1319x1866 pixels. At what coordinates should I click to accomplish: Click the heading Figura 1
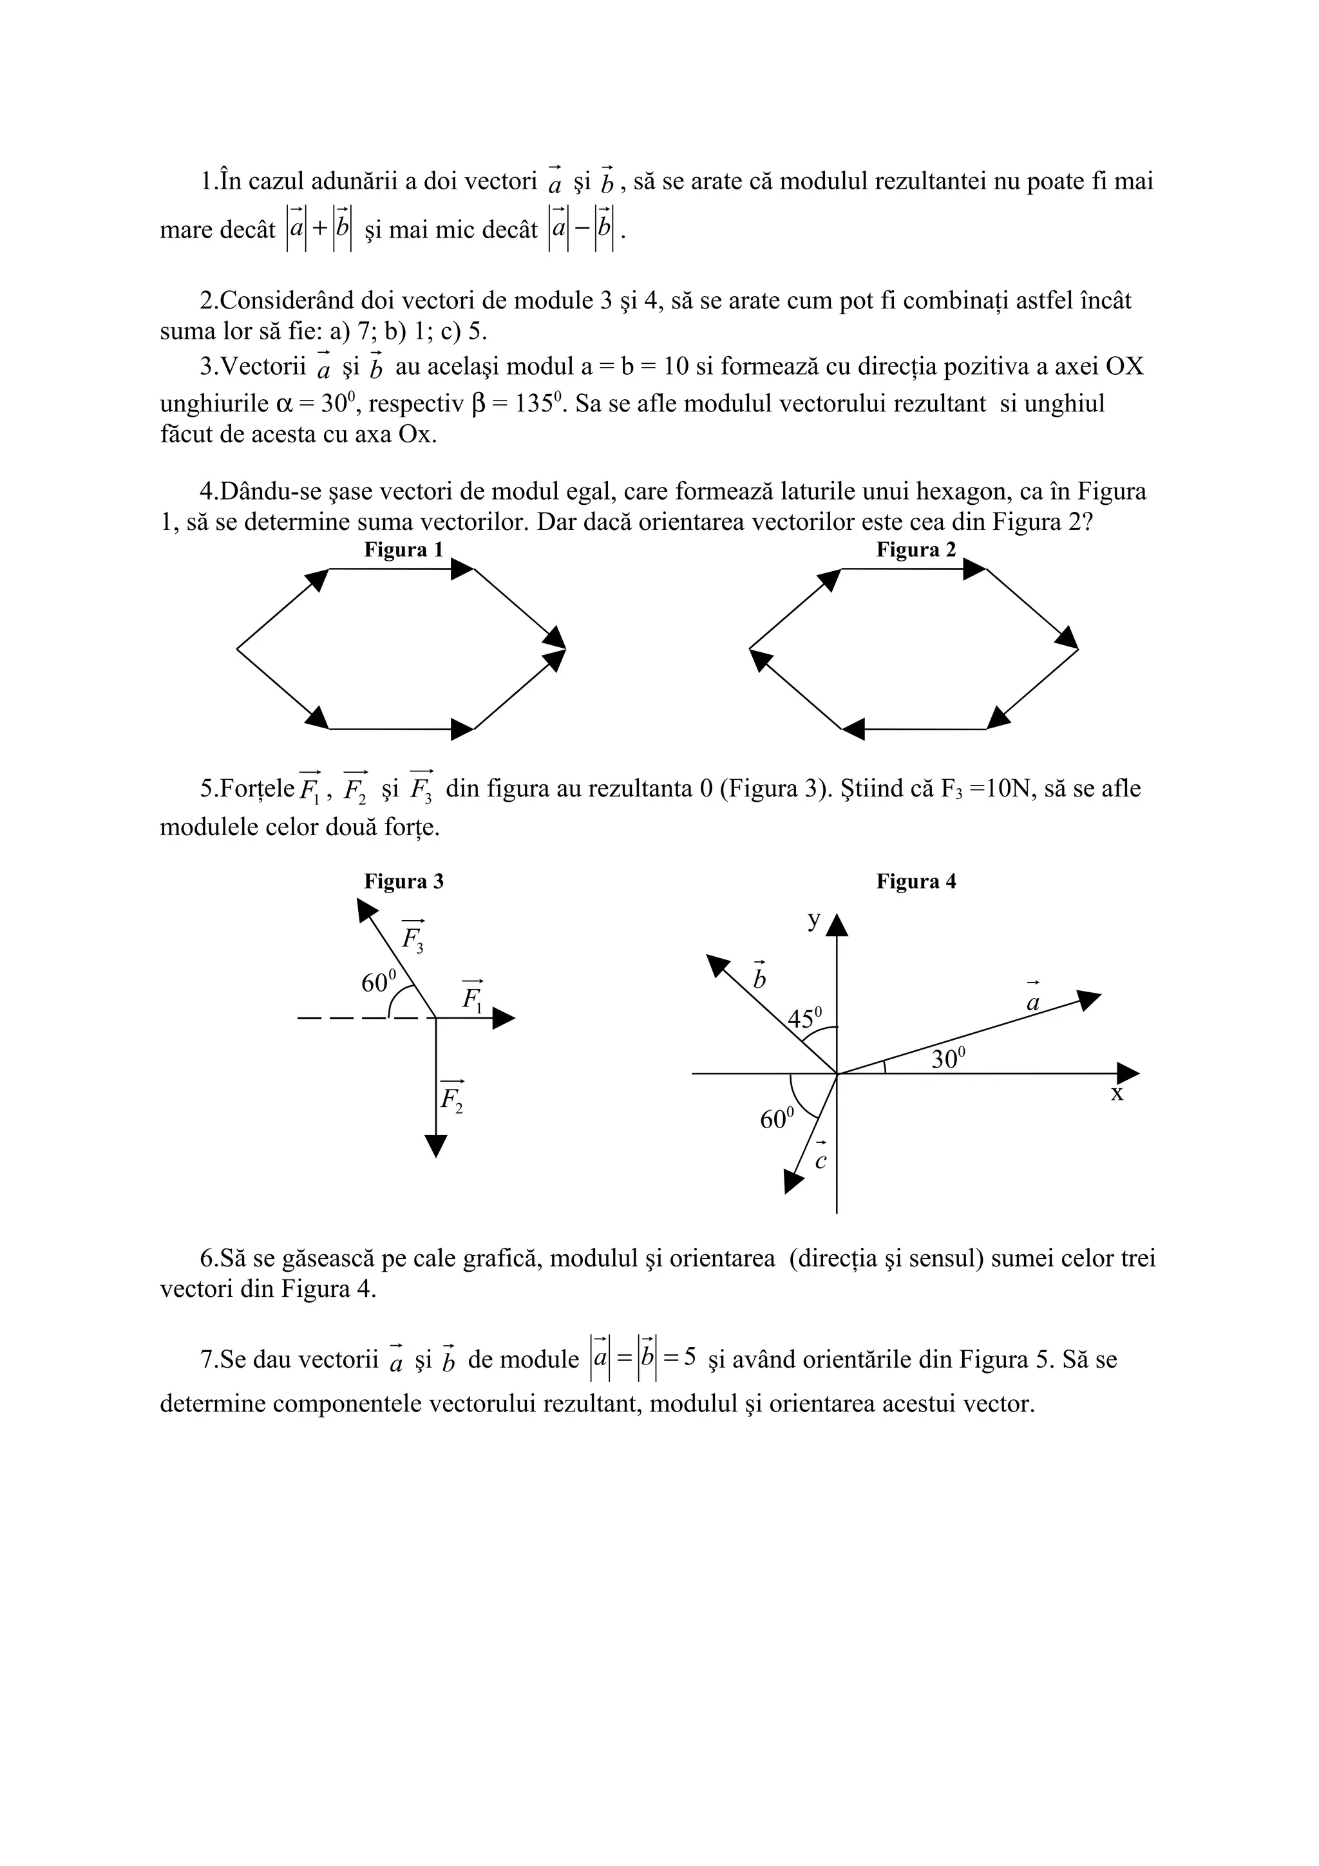[403, 551]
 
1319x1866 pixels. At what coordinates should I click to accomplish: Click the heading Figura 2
[916, 551]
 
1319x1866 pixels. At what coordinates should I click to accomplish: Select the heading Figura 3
[403, 881]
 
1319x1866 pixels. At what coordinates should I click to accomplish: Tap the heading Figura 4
[916, 881]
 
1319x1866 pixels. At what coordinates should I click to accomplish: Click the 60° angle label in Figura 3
[379, 982]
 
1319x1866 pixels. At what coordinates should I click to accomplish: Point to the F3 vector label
[413, 937]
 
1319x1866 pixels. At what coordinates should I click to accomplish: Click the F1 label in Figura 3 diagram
[472, 996]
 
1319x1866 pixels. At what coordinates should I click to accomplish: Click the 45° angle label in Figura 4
[804, 1017]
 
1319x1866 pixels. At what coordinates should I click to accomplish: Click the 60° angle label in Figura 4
[777, 1120]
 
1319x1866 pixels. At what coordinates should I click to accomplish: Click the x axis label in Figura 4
[1117, 1094]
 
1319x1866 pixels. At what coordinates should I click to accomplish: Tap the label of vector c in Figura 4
[820, 1160]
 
